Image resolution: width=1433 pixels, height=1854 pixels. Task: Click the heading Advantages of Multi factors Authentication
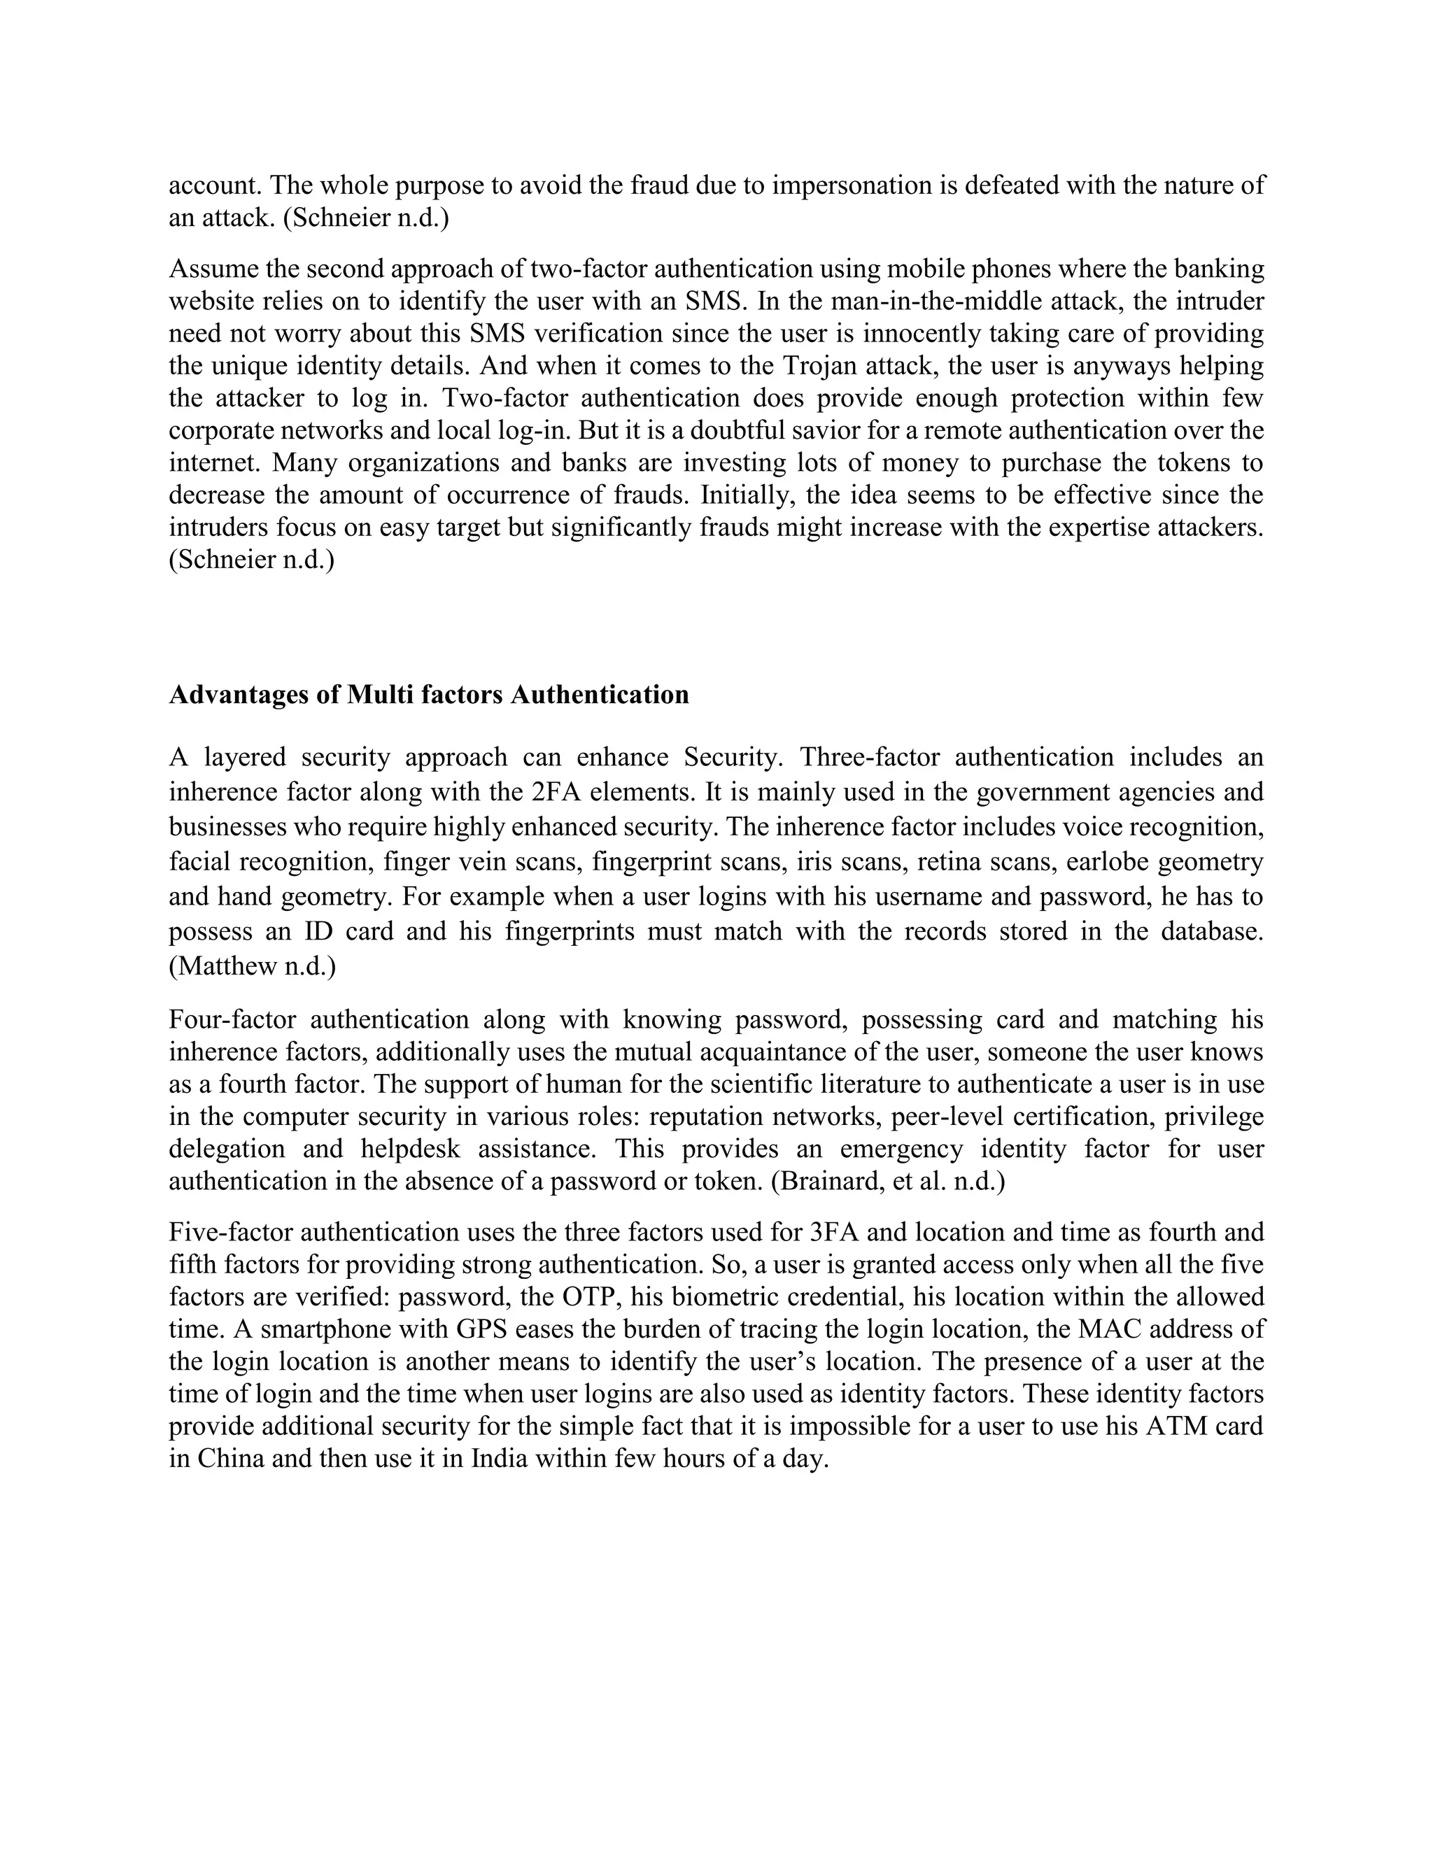point(429,695)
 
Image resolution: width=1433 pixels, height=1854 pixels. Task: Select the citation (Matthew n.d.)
point(252,966)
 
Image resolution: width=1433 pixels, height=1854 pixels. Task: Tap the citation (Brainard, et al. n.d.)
point(887,1182)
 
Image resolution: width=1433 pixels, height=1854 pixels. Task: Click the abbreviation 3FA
point(829,1232)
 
